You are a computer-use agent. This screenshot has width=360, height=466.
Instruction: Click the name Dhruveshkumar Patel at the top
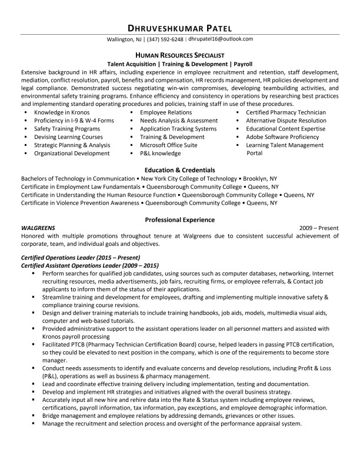(179, 28)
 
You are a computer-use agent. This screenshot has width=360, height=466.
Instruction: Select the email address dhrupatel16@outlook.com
(221, 39)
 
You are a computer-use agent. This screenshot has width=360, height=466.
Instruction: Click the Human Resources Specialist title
(179, 54)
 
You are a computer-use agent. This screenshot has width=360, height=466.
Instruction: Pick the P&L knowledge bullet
(161, 153)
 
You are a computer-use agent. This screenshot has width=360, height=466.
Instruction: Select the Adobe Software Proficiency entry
(282, 137)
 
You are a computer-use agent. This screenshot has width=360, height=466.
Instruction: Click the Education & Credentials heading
(179, 169)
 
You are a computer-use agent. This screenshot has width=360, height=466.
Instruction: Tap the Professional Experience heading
(179, 219)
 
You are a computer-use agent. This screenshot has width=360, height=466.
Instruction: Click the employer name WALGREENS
(38, 227)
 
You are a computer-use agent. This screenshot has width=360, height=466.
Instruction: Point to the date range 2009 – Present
(319, 227)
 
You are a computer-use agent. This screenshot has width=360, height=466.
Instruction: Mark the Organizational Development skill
(72, 153)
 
